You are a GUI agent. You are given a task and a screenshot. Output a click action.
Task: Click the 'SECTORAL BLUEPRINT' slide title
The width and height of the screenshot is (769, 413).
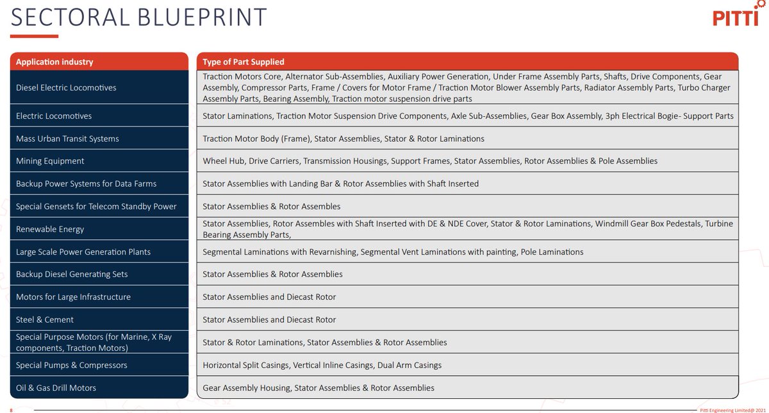[138, 18]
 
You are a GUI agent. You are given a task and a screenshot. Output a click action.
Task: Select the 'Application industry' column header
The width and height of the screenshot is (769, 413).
[54, 62]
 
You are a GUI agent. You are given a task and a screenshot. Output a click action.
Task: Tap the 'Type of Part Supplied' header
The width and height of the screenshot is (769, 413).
[244, 62]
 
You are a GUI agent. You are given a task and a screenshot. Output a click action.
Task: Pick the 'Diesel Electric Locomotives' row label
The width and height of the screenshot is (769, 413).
[66, 87]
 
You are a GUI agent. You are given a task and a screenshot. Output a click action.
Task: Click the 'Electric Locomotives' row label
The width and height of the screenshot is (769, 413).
[54, 116]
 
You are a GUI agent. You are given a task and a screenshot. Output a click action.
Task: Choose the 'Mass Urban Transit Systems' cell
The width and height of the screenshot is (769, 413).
[67, 139]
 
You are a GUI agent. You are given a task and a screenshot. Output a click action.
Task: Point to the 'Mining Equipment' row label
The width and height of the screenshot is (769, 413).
[50, 161]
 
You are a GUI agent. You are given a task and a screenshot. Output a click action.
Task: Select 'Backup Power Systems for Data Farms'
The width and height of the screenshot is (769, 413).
[86, 183]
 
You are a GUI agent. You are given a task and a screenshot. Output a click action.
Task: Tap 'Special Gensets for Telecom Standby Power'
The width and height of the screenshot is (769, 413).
[96, 206]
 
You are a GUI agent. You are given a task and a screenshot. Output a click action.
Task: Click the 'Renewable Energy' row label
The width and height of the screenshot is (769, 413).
[50, 229]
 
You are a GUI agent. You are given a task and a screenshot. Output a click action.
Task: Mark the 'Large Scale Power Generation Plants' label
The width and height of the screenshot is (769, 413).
[83, 252]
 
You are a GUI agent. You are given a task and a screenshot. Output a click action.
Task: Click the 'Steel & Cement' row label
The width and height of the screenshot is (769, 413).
[45, 319]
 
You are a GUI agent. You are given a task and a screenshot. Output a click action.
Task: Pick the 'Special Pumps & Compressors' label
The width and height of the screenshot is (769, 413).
[72, 365]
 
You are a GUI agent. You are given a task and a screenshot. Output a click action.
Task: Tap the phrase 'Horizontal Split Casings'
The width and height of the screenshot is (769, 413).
[245, 365]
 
